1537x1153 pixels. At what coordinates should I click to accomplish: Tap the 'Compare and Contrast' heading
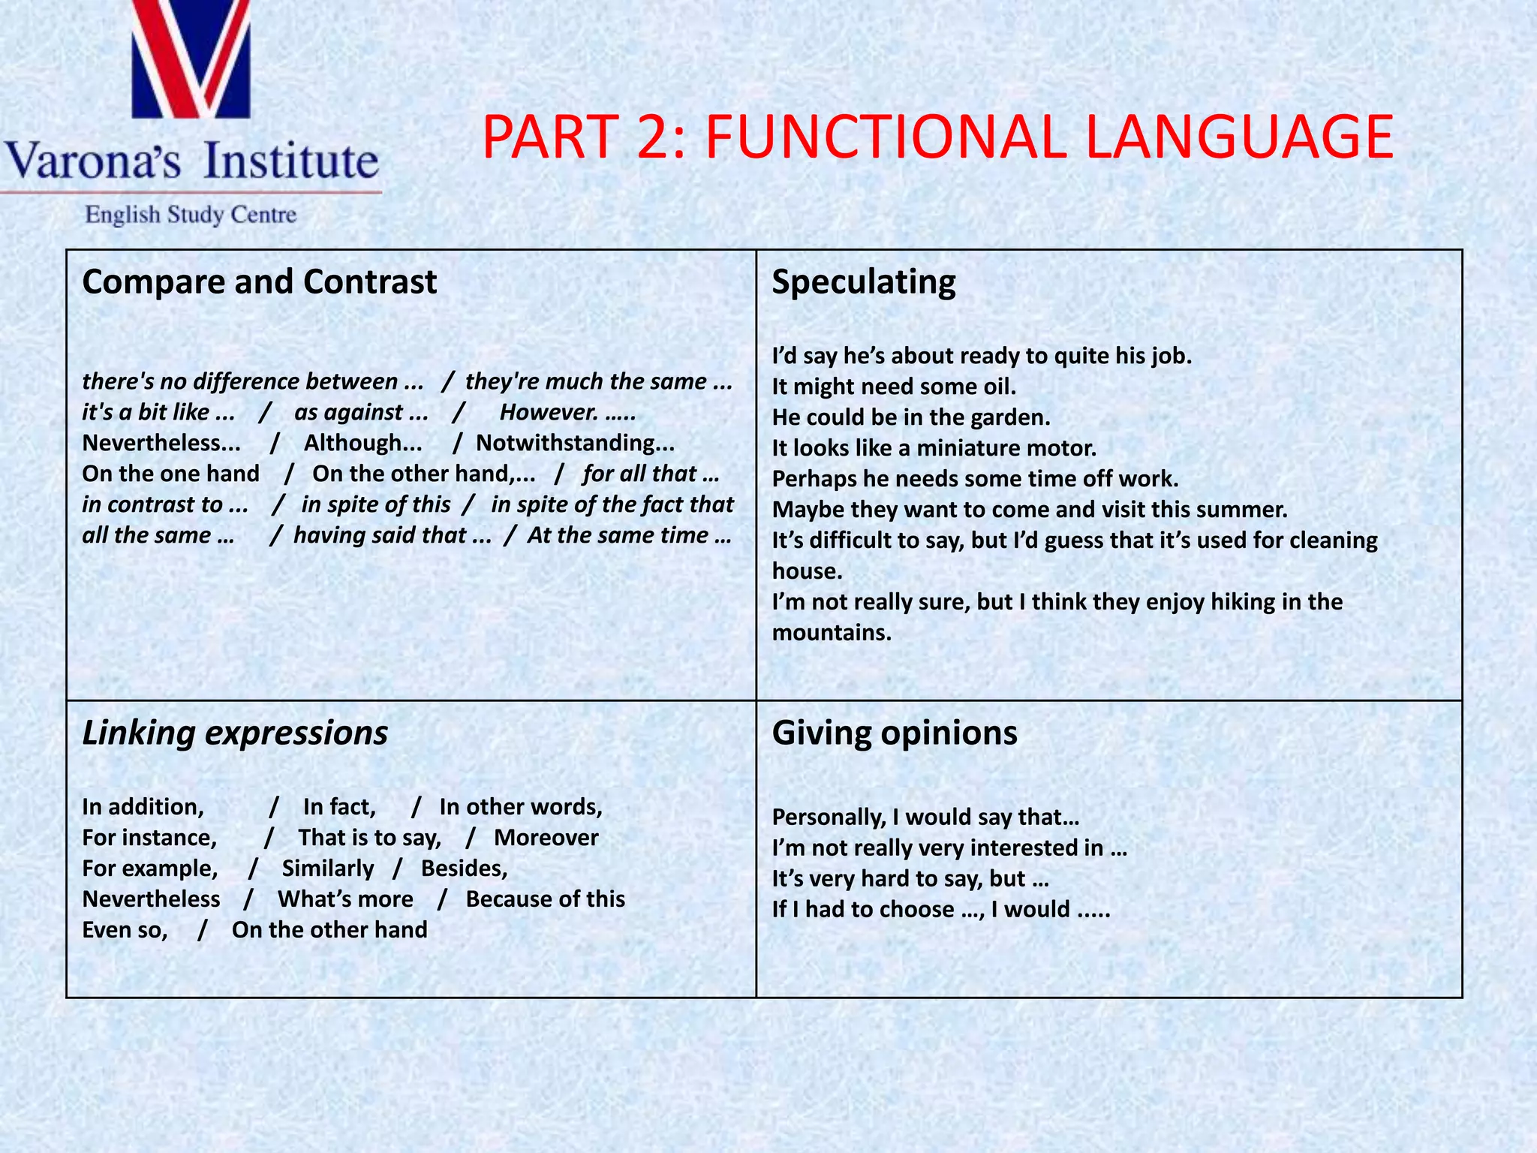(x=259, y=282)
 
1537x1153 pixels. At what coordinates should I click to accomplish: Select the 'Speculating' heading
(x=864, y=282)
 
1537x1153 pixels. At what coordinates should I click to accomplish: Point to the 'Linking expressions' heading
(x=235, y=733)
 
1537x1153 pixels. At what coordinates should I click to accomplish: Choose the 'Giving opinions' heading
(x=895, y=733)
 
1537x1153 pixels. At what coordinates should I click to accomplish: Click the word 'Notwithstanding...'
(x=575, y=443)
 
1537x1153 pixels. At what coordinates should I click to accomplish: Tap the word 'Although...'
(x=362, y=443)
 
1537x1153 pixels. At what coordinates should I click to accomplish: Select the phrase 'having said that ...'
(x=392, y=535)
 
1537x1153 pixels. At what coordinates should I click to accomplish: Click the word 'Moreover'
(x=546, y=838)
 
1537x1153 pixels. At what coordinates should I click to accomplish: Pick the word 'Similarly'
(x=328, y=869)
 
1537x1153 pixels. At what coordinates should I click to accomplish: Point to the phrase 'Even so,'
(x=125, y=930)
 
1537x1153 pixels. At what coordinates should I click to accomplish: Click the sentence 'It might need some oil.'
(x=894, y=387)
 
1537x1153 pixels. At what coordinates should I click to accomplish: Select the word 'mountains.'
(x=832, y=633)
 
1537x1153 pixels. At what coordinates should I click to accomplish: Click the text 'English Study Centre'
(x=191, y=215)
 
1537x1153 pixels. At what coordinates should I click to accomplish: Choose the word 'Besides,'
(x=464, y=869)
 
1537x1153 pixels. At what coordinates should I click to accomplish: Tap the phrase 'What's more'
(x=345, y=899)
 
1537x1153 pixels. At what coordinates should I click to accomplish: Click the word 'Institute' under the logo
(x=291, y=161)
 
